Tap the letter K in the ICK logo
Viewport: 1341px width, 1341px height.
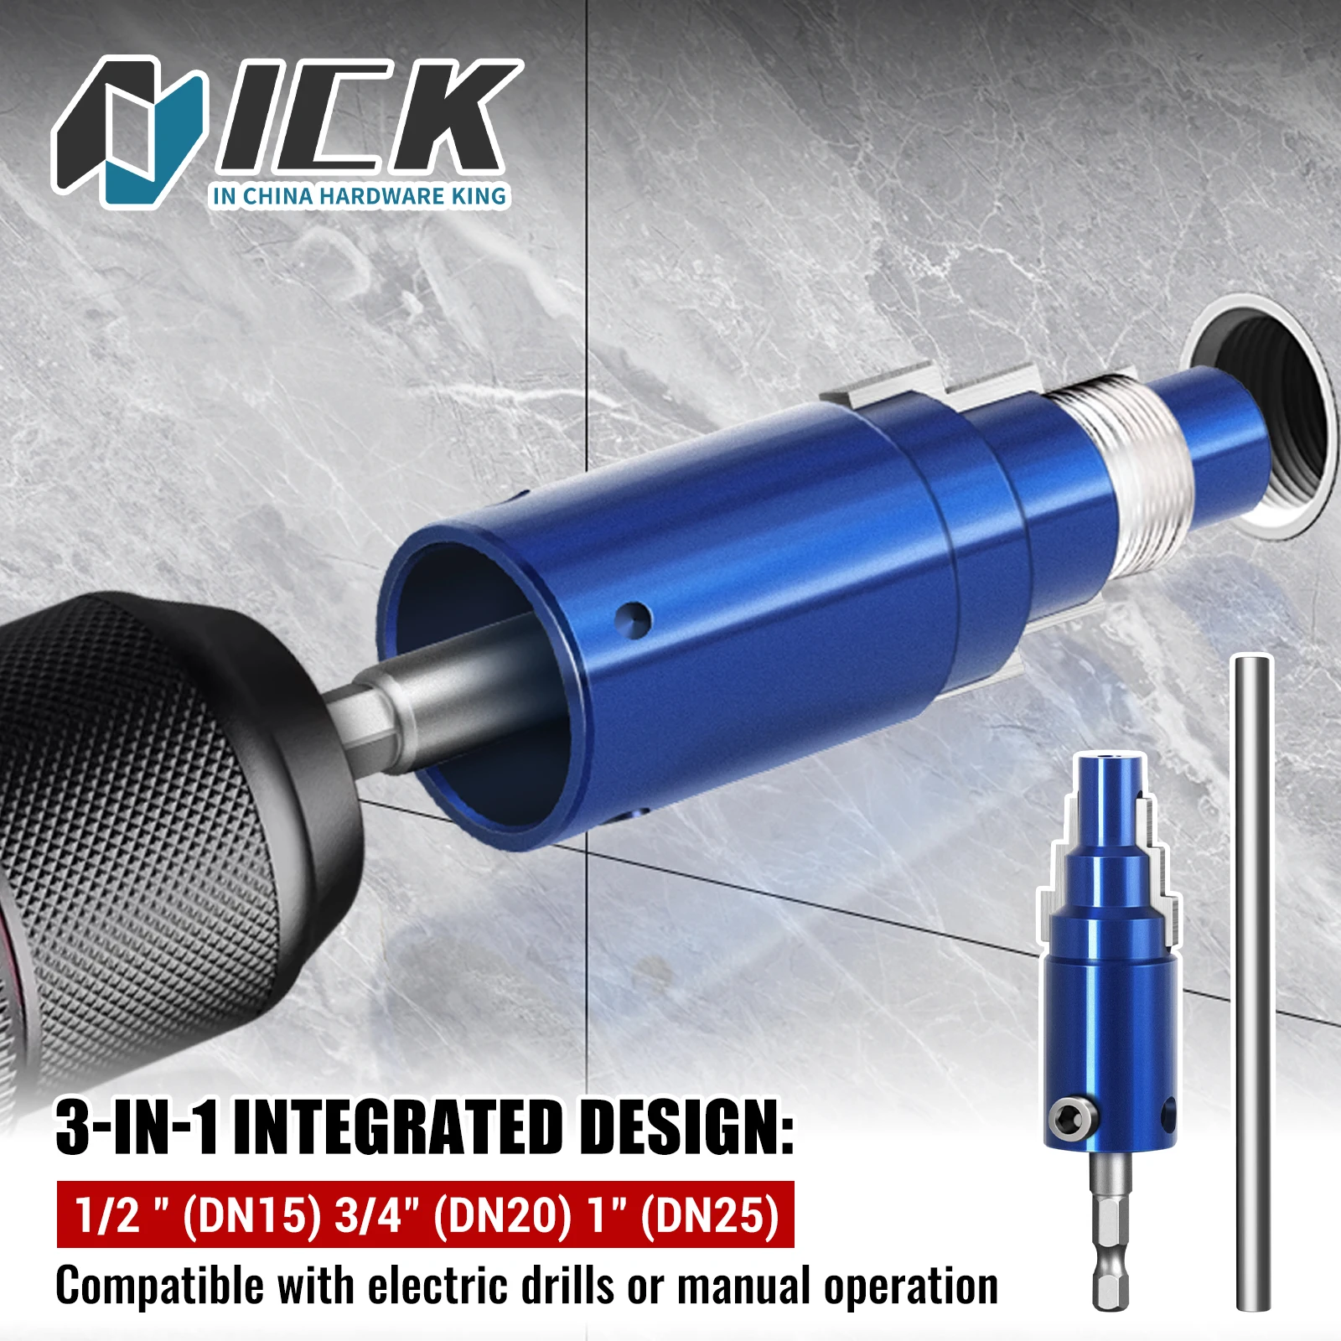pos(444,117)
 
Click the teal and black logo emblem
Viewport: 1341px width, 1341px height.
pos(130,130)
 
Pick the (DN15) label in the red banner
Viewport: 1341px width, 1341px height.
pos(251,1215)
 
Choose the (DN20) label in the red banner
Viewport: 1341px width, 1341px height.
pos(501,1215)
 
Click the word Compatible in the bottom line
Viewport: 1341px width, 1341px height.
pos(159,1287)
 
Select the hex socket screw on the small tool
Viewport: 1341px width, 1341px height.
pos(1064,1117)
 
